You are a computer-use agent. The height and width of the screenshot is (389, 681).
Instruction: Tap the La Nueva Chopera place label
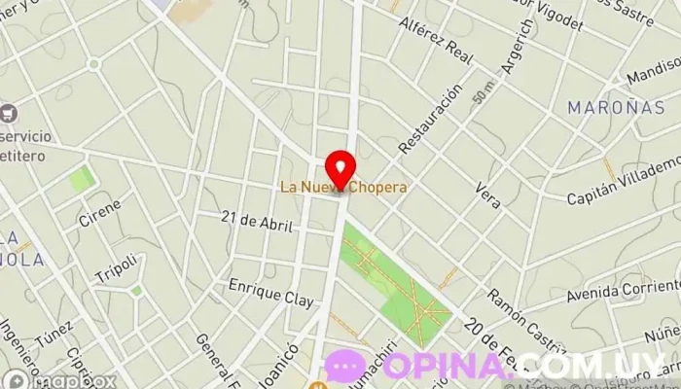[342, 186]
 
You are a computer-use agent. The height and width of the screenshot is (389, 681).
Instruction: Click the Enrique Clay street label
[271, 293]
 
